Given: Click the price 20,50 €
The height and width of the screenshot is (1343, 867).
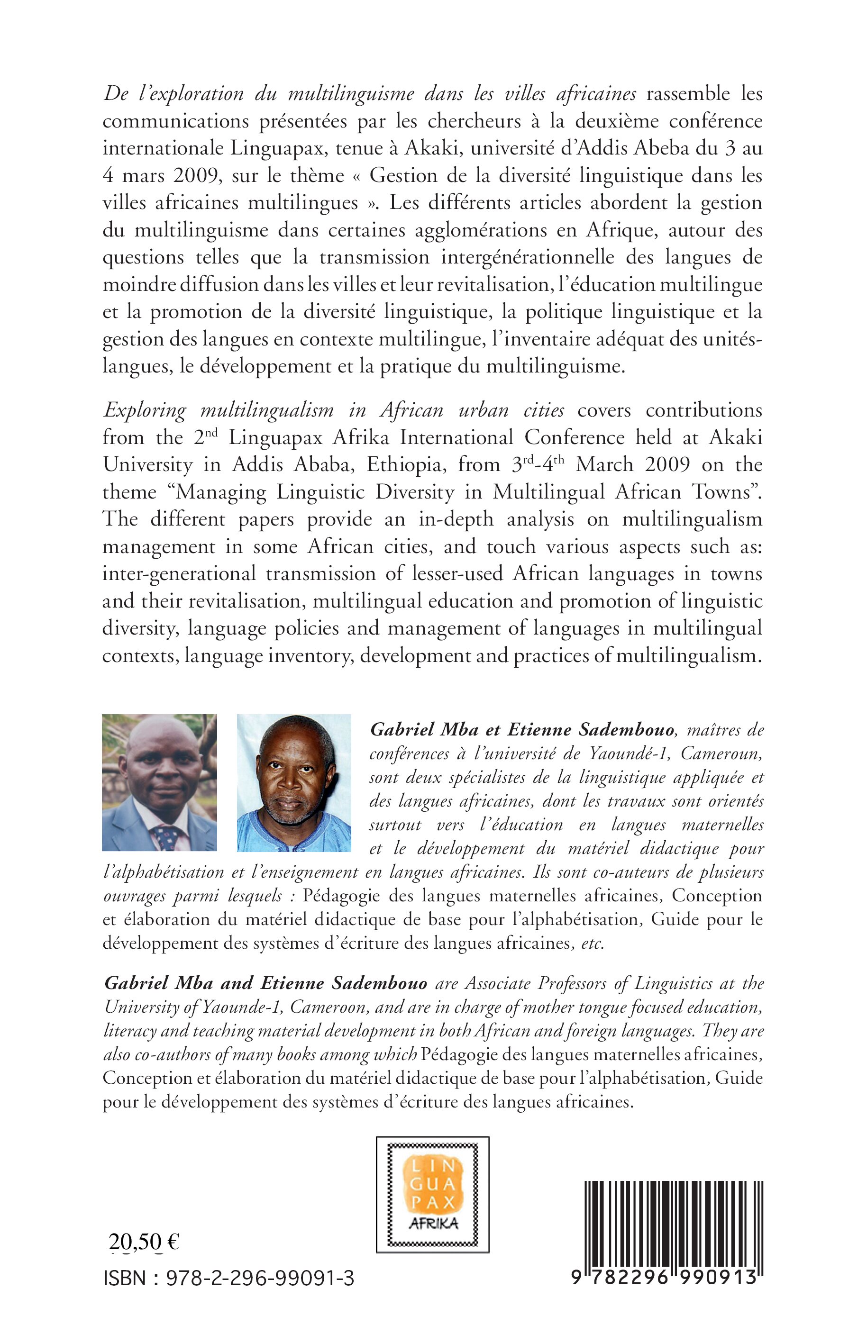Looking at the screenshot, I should click(144, 1241).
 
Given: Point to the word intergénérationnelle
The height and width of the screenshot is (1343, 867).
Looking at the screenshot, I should click(528, 257).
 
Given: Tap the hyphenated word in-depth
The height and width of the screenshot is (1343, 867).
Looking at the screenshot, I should click(456, 519).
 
